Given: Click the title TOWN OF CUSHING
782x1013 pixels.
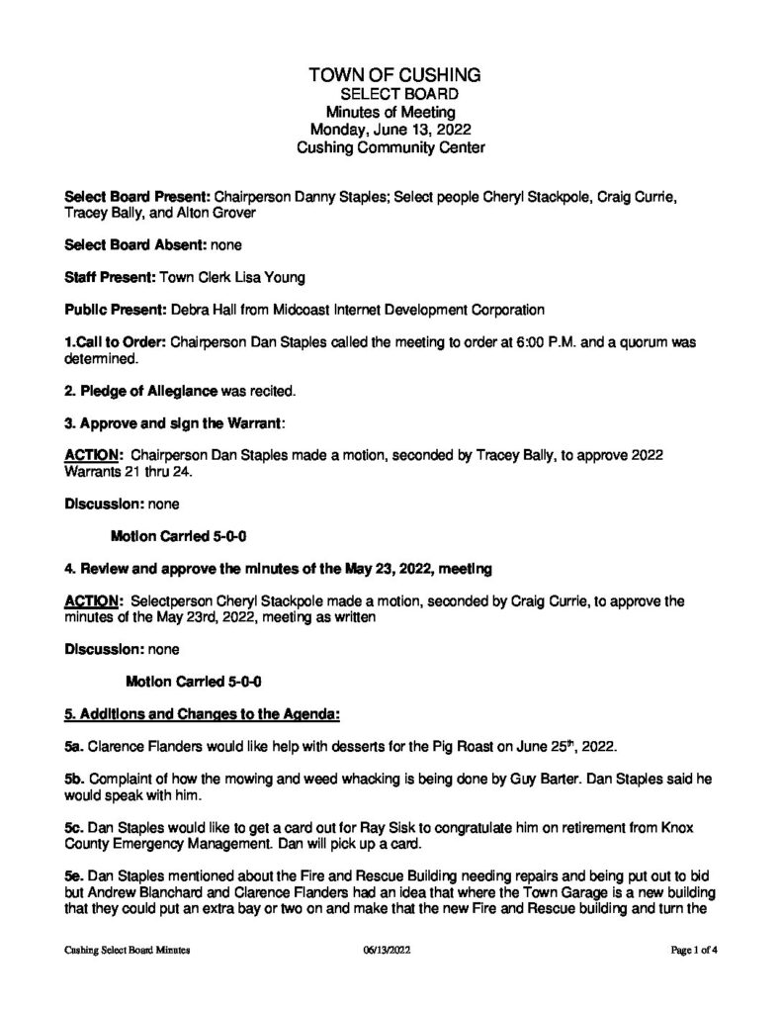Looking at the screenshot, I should [x=395, y=75].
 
